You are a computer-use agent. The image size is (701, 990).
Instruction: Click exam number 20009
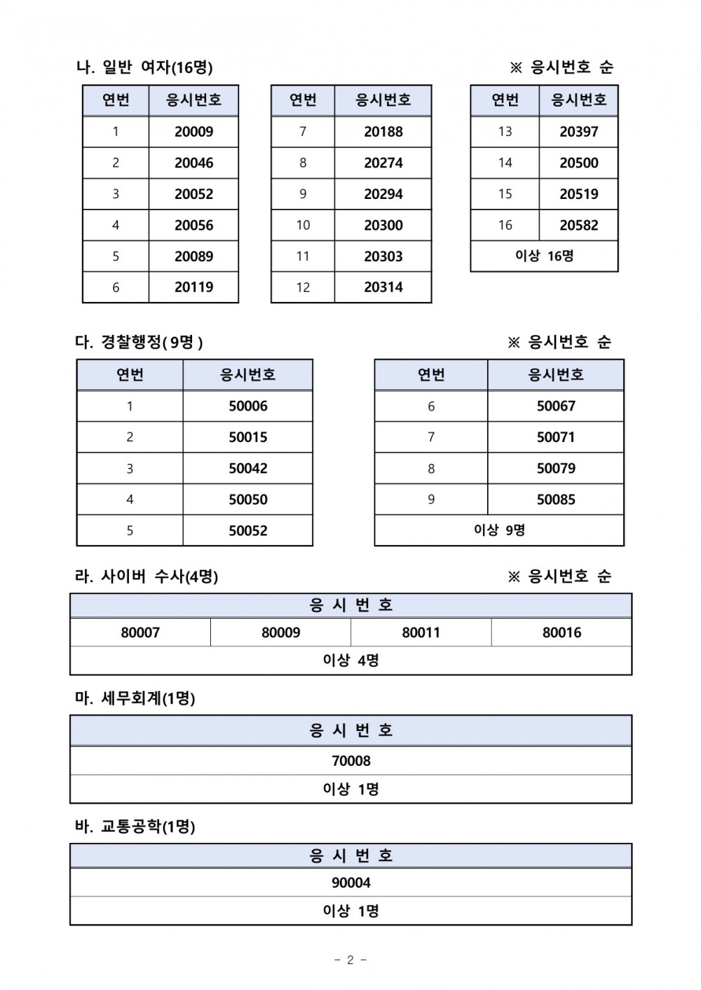(193, 132)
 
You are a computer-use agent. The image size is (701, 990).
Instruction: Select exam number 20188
(383, 132)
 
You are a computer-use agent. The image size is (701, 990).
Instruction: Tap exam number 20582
(578, 226)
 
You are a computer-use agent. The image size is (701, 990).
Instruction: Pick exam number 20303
(383, 256)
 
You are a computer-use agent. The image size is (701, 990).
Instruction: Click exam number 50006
(247, 406)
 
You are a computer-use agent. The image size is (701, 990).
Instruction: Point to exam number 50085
(555, 500)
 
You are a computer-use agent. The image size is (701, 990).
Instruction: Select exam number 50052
(247, 531)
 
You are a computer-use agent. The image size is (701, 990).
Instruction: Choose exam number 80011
(421, 633)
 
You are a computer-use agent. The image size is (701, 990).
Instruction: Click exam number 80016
(562, 633)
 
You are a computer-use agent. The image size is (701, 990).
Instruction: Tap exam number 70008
(350, 761)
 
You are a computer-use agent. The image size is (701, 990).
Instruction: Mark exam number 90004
(350, 883)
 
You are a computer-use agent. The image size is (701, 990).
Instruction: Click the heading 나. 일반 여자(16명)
(144, 67)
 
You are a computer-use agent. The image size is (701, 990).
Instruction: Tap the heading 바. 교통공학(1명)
(135, 827)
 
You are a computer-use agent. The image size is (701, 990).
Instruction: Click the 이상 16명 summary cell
(544, 256)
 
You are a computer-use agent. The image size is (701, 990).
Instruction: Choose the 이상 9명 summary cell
(499, 530)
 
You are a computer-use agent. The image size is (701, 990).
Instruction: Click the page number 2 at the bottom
(350, 960)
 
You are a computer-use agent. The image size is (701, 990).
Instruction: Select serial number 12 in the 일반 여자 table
(303, 287)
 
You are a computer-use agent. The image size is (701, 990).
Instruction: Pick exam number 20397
(578, 132)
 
